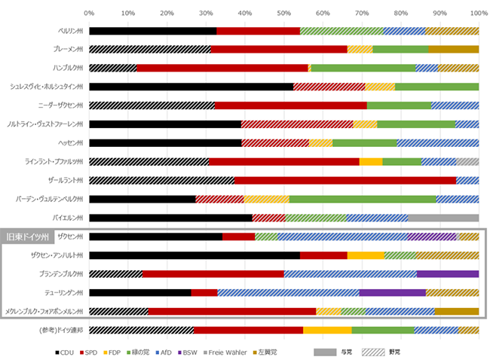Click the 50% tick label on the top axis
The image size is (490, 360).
[x=283, y=13]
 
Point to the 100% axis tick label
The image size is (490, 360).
[x=477, y=13]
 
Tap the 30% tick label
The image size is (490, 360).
[x=206, y=13]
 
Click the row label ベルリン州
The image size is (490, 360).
[x=66, y=31]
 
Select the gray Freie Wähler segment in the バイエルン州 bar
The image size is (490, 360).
[x=443, y=218]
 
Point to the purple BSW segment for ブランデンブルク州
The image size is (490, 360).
[x=448, y=274]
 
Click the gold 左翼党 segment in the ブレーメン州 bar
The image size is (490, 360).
[x=454, y=50]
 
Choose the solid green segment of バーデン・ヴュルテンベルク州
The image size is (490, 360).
[x=363, y=200]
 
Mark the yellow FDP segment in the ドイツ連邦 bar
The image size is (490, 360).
[x=327, y=330]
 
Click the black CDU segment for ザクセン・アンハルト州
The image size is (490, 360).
[x=194, y=255]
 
